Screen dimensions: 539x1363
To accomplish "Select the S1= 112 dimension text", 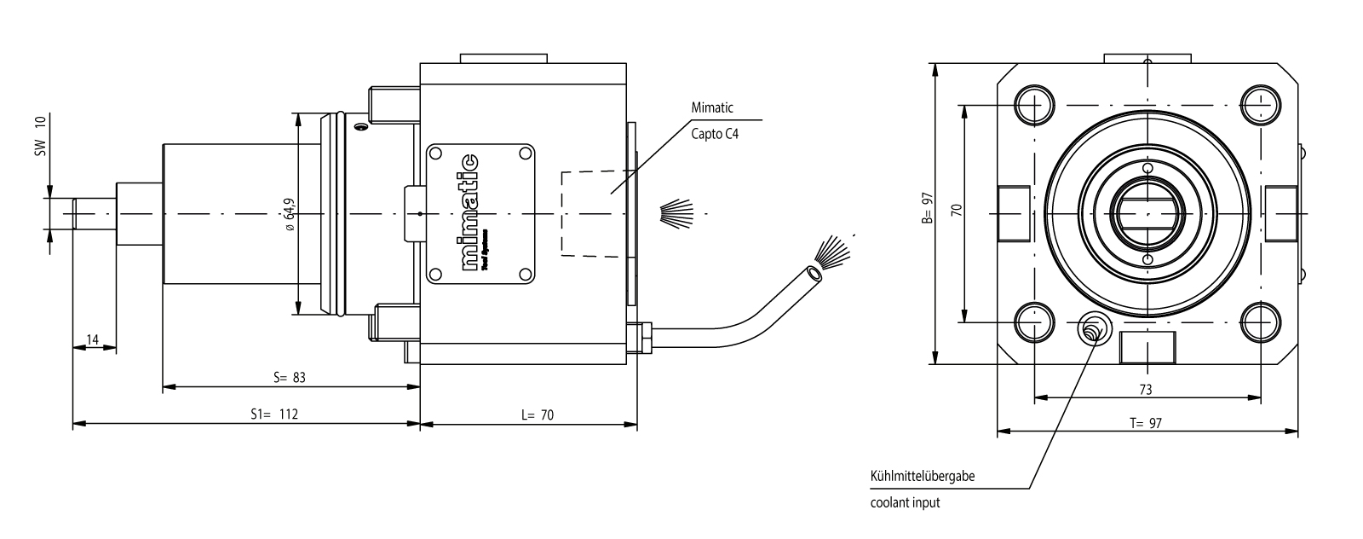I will pyautogui.click(x=274, y=414).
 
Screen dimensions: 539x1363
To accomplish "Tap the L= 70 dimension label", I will pyautogui.click(x=537, y=415).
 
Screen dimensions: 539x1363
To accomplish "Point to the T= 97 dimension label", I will pyautogui.click(x=1146, y=423).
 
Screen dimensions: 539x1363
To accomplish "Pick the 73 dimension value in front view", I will pyautogui.click(x=1146, y=389).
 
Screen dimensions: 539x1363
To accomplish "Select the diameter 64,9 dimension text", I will pyautogui.click(x=290, y=215).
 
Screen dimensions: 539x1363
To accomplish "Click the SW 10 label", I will pyautogui.click(x=40, y=136).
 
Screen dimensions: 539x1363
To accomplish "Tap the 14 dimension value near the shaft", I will pyautogui.click(x=94, y=340).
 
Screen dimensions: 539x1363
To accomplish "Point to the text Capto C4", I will pyautogui.click(x=714, y=134).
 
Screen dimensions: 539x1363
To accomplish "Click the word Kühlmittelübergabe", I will pyautogui.click(x=923, y=476).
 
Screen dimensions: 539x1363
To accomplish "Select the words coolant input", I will pyautogui.click(x=905, y=502).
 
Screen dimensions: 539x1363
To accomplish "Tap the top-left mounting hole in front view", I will pyautogui.click(x=1033, y=104).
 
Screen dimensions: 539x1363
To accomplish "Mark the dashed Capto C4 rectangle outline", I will pyautogui.click(x=561, y=213).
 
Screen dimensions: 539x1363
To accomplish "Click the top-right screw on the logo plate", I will pyautogui.click(x=526, y=154).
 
